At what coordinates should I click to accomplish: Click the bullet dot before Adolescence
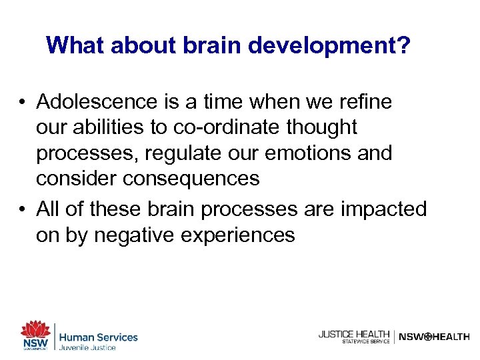pos(23,102)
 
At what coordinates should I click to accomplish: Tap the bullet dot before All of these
pos(23,209)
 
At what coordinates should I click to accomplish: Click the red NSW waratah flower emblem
pos(35,329)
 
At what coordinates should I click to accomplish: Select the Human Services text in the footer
pos(99,337)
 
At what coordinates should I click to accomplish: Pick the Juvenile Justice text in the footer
pos(88,347)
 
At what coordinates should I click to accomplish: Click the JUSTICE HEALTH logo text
pos(354,334)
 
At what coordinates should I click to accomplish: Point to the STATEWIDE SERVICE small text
pos(365,341)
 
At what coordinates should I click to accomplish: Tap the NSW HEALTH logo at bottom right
pos(434,337)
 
